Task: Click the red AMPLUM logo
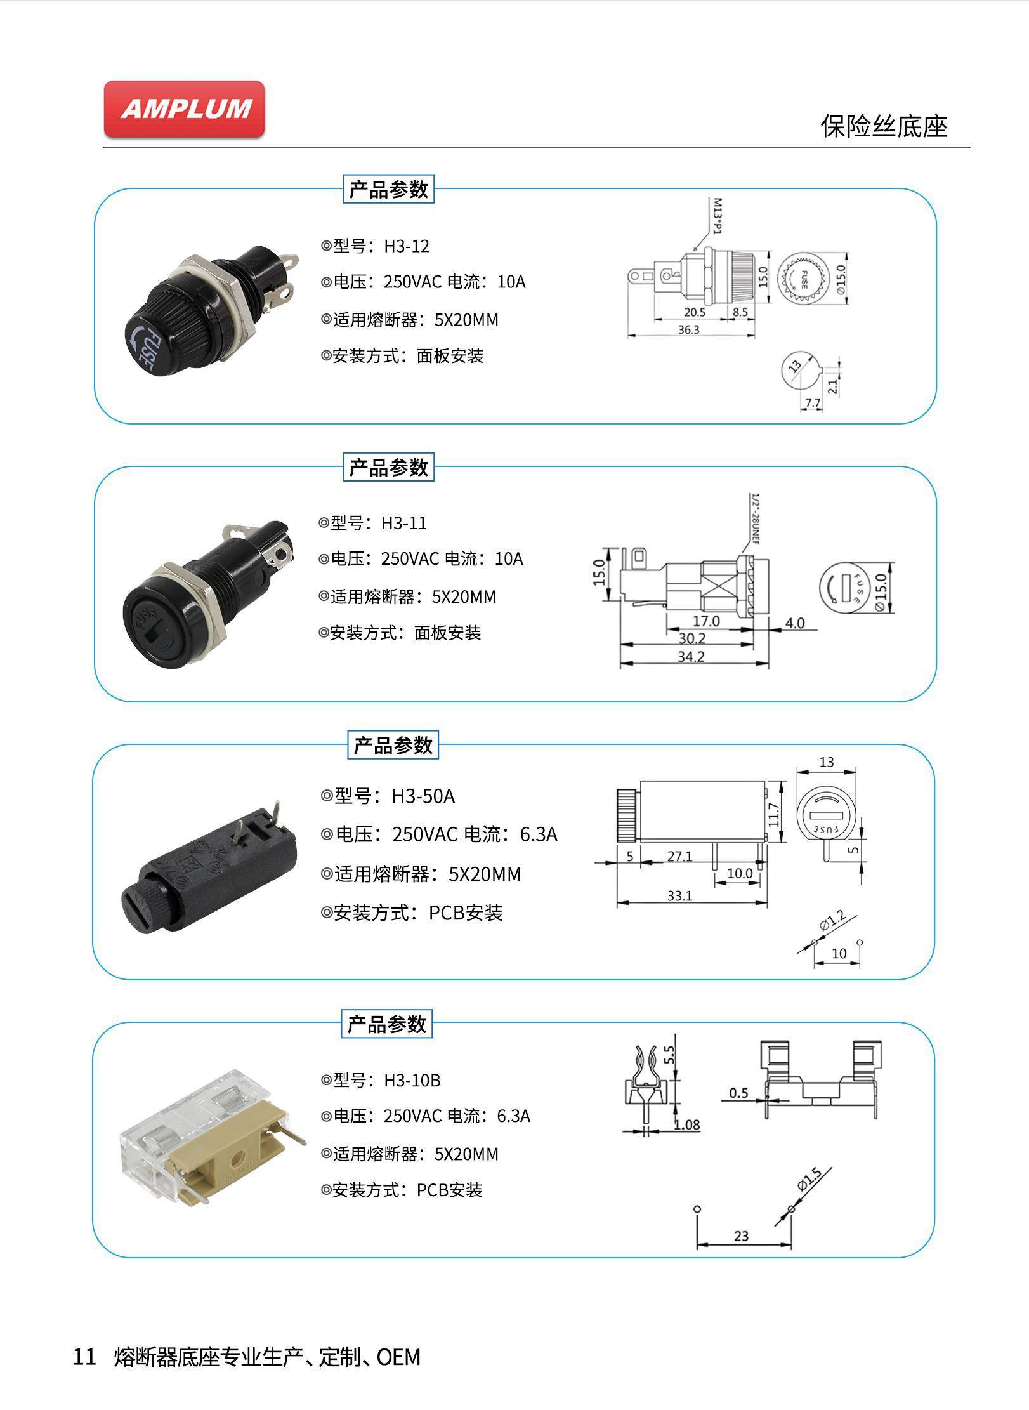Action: [184, 109]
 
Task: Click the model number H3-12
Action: [406, 246]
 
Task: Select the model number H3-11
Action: [404, 524]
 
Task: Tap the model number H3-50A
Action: [423, 796]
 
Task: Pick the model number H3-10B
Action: [412, 1080]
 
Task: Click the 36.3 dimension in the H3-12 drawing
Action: [688, 330]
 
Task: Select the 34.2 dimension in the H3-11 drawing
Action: [691, 657]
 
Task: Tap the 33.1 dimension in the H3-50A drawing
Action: [679, 895]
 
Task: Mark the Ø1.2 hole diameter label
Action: [832, 921]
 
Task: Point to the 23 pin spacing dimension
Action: [741, 1236]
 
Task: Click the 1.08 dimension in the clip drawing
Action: [686, 1125]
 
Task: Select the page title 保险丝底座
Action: [884, 126]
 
